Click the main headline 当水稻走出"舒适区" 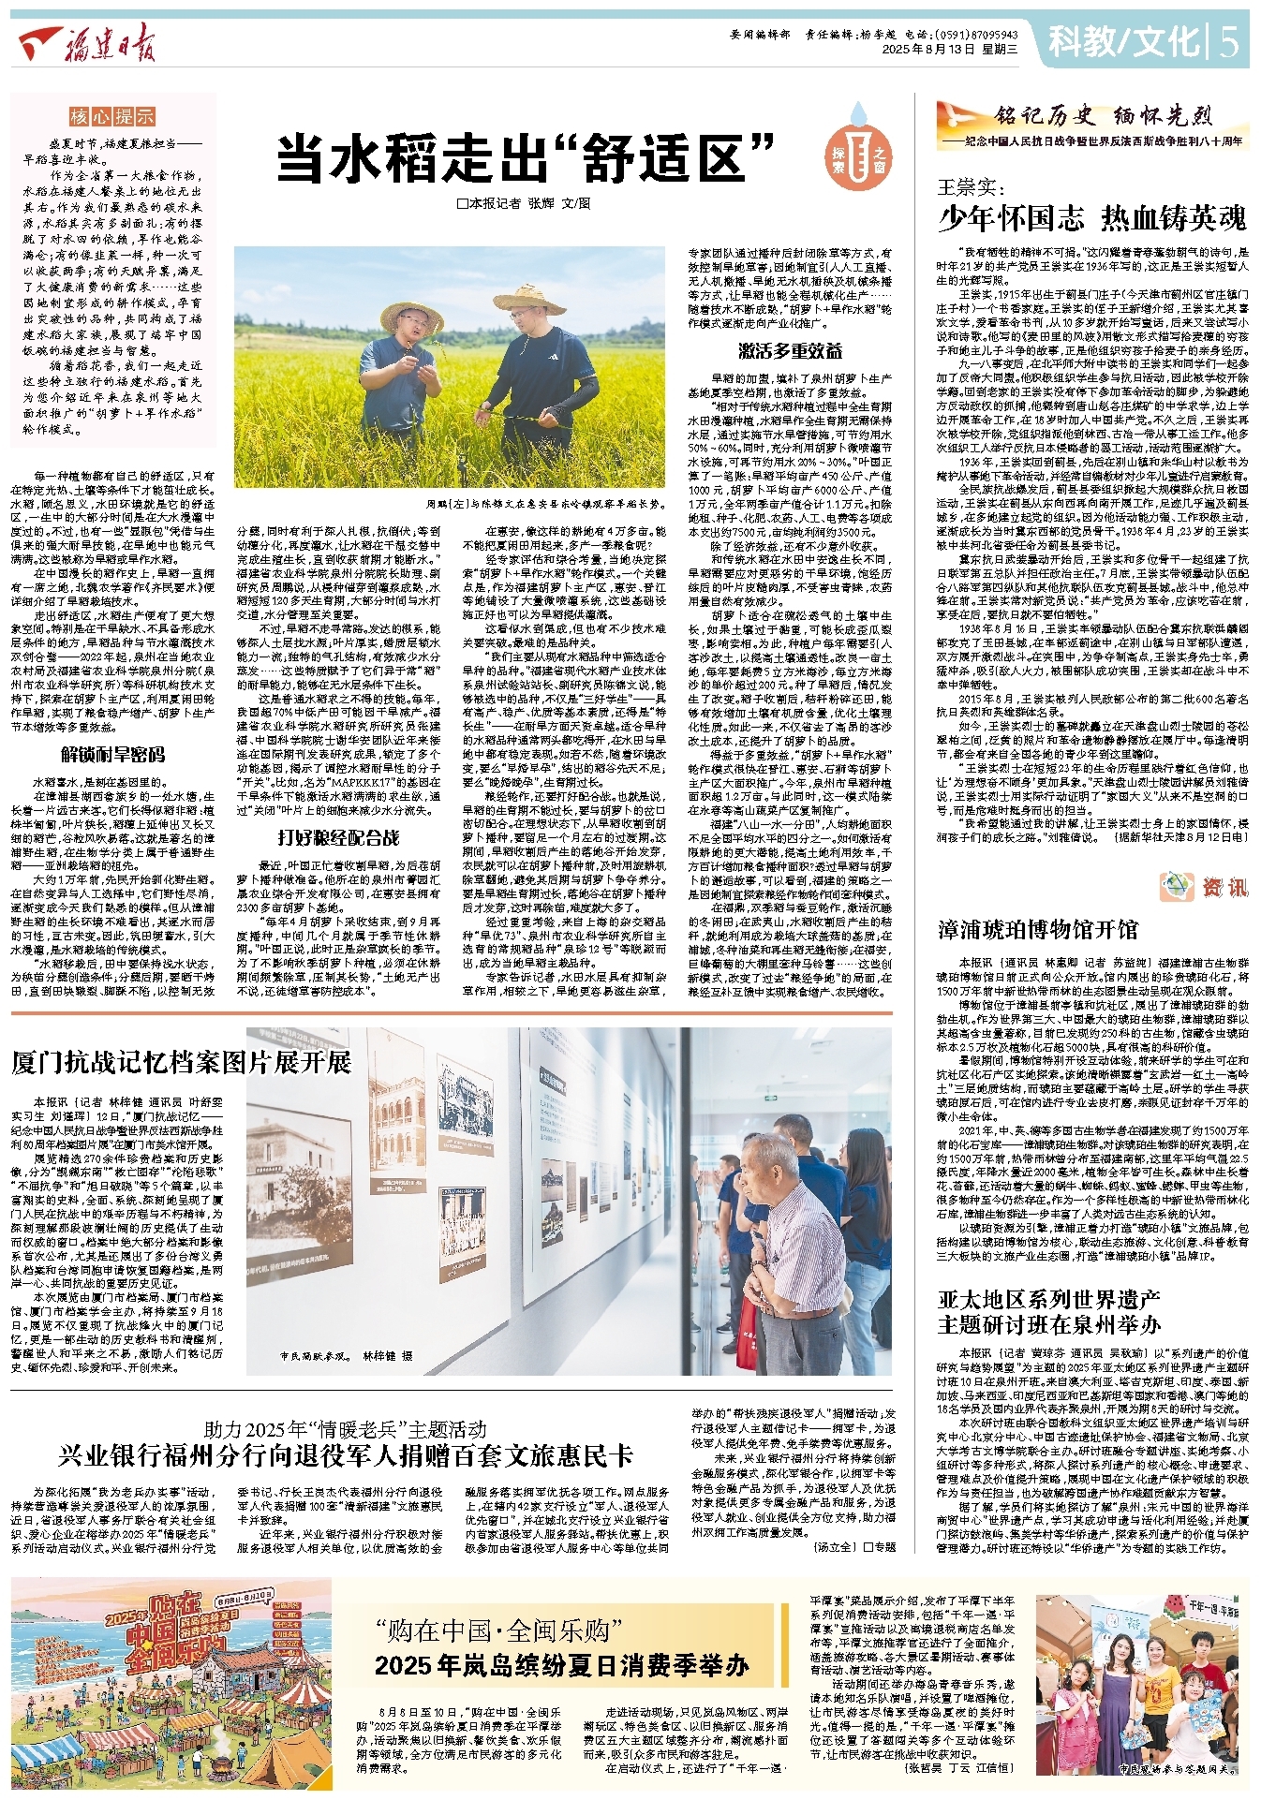point(526,157)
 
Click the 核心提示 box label point(112,117)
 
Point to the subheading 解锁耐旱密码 point(112,755)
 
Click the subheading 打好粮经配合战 point(338,837)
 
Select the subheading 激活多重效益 point(790,350)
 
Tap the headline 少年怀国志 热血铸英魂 point(1092,218)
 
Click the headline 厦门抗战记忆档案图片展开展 point(181,1062)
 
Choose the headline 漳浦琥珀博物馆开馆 point(1038,929)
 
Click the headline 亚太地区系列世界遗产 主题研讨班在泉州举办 point(1049,1312)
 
